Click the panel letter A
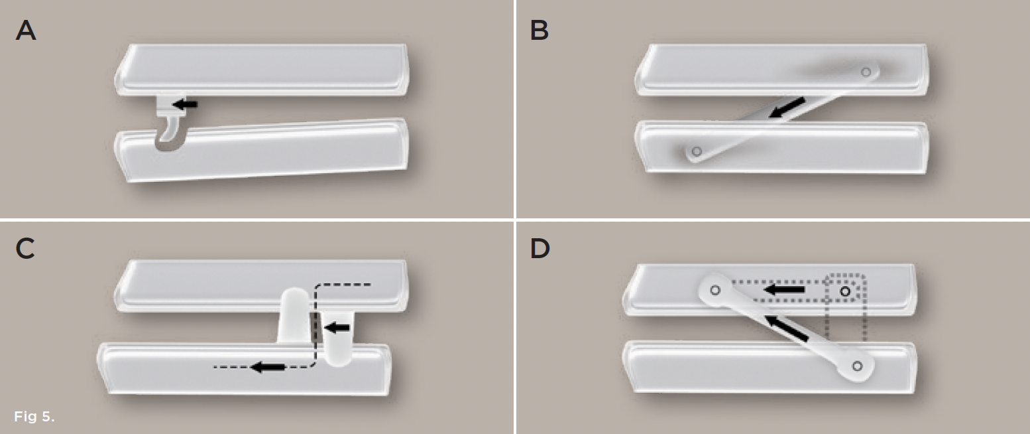26,31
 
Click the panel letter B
539,31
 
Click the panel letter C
25,249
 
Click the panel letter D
540,249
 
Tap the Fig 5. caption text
34,417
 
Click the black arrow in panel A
185,104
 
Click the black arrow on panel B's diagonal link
787,108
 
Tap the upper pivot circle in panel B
866,72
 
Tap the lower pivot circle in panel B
697,151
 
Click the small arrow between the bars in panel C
337,328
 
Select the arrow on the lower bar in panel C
268,367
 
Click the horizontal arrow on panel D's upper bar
784,289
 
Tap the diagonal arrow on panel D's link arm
787,328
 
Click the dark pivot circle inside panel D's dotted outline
845,291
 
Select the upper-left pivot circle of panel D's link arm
715,290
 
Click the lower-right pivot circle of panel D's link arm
857,366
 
